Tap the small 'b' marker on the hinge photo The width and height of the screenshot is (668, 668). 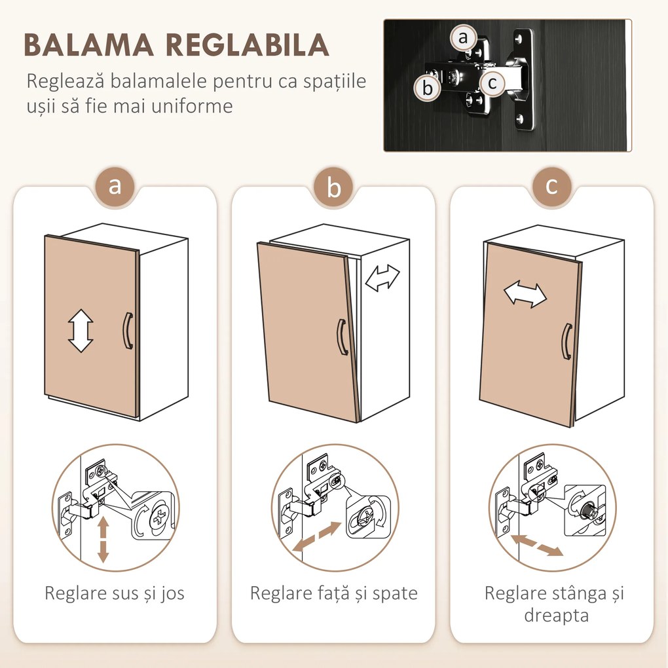pyautogui.click(x=428, y=88)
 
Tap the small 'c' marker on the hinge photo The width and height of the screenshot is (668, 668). pyautogui.click(x=491, y=83)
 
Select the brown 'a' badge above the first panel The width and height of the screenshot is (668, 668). pyautogui.click(x=115, y=186)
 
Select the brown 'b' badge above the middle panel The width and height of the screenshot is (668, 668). pyautogui.click(x=334, y=189)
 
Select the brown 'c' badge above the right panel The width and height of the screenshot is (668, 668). pyautogui.click(x=551, y=186)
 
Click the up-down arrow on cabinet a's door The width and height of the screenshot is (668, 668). pyautogui.click(x=81, y=331)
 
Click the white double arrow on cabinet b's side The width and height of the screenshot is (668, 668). pyautogui.click(x=382, y=278)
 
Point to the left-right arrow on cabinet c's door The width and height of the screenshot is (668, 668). pyautogui.click(x=525, y=295)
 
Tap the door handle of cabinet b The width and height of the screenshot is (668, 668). pyautogui.click(x=341, y=337)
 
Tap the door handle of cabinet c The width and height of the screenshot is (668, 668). pyautogui.click(x=566, y=341)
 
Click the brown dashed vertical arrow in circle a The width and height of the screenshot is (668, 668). pyautogui.click(x=103, y=539)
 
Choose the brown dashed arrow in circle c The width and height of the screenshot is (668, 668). pyautogui.click(x=537, y=544)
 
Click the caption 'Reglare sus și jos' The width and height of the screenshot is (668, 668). pyautogui.click(x=115, y=593)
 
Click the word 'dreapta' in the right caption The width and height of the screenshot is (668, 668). pyautogui.click(x=556, y=616)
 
